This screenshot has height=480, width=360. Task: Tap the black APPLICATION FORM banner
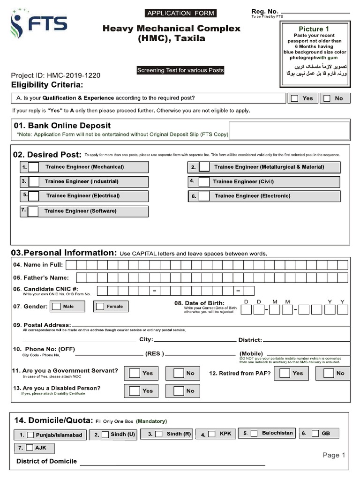pyautogui.click(x=180, y=13)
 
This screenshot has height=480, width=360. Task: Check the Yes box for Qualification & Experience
pyautogui.click(x=294, y=98)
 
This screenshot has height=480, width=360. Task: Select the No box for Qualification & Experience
pyautogui.click(x=327, y=98)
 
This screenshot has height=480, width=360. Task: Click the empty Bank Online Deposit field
pyautogui.click(x=289, y=130)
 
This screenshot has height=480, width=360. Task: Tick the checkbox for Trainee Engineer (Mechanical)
pyautogui.click(x=34, y=167)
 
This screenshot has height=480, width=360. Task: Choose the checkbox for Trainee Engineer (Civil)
pyautogui.click(x=204, y=182)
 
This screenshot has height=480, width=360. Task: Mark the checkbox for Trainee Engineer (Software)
pyautogui.click(x=33, y=211)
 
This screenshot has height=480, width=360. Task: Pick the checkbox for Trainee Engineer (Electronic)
pyautogui.click(x=204, y=196)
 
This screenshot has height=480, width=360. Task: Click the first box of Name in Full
pyautogui.click(x=71, y=265)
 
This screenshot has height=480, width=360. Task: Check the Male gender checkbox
pyautogui.click(x=56, y=307)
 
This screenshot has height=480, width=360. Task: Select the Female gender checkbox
pyautogui.click(x=99, y=307)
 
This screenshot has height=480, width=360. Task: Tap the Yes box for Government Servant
pyautogui.click(x=135, y=373)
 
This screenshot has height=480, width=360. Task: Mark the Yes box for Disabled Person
pyautogui.click(x=135, y=390)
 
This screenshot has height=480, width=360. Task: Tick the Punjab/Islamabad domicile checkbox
pyautogui.click(x=30, y=435)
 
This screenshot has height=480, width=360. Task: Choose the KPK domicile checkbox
pyautogui.click(x=212, y=434)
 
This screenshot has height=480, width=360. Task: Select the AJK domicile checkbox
pyautogui.click(x=30, y=448)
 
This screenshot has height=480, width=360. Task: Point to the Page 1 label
pyautogui.click(x=334, y=455)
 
